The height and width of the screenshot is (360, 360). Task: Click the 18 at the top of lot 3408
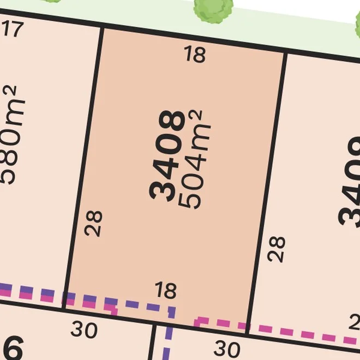tap(195, 55)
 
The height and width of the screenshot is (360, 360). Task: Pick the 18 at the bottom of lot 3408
tap(165, 290)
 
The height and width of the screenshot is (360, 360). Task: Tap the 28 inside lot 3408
tap(94, 223)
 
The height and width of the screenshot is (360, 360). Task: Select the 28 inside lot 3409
tap(277, 248)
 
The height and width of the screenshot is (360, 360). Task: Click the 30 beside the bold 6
tap(84, 329)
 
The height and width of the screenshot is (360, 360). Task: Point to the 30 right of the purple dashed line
tap(227, 348)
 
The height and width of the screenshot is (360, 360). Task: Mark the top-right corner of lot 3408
tap(286, 52)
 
